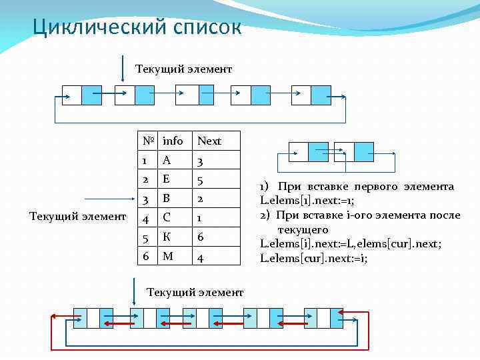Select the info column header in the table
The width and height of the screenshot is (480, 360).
(173, 141)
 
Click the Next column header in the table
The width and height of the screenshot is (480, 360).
(209, 141)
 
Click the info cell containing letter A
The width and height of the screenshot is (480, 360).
(167, 160)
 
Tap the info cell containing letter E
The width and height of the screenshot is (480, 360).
(167, 179)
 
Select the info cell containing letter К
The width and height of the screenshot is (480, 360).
(167, 237)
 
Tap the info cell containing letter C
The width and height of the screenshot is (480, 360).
(167, 217)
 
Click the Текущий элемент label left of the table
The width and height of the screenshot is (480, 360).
(79, 216)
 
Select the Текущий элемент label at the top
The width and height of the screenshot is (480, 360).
(183, 69)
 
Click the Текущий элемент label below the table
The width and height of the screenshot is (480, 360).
(195, 292)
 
